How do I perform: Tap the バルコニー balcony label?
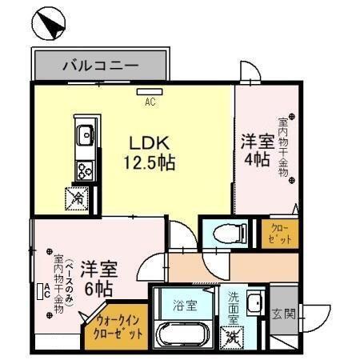[x=100, y=66]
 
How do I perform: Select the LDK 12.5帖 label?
[x=148, y=151]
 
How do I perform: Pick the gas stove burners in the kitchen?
[x=85, y=169]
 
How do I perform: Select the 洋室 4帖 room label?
[x=256, y=150]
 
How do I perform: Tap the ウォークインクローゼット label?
[x=114, y=328]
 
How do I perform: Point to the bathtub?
[x=183, y=335]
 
